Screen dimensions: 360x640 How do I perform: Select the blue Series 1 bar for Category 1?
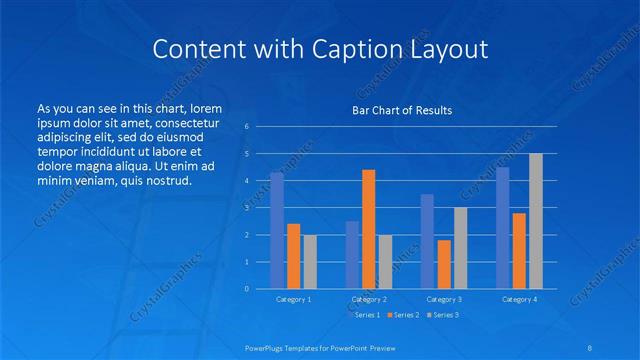(x=277, y=230)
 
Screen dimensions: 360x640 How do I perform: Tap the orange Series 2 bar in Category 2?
(x=369, y=229)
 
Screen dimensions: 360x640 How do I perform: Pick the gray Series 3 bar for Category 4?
(x=536, y=221)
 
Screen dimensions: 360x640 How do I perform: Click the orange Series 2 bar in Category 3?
(x=444, y=264)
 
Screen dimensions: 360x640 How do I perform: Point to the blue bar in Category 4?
(x=503, y=227)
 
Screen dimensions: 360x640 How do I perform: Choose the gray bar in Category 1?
(x=310, y=261)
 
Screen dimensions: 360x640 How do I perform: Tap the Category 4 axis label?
(x=519, y=299)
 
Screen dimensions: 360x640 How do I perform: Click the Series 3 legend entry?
(x=445, y=315)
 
